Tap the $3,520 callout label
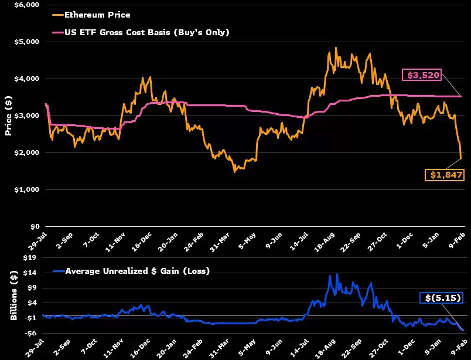[x=421, y=74]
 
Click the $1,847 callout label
[x=446, y=175]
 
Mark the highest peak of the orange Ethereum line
[x=336, y=48]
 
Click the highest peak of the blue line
[x=337, y=274]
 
